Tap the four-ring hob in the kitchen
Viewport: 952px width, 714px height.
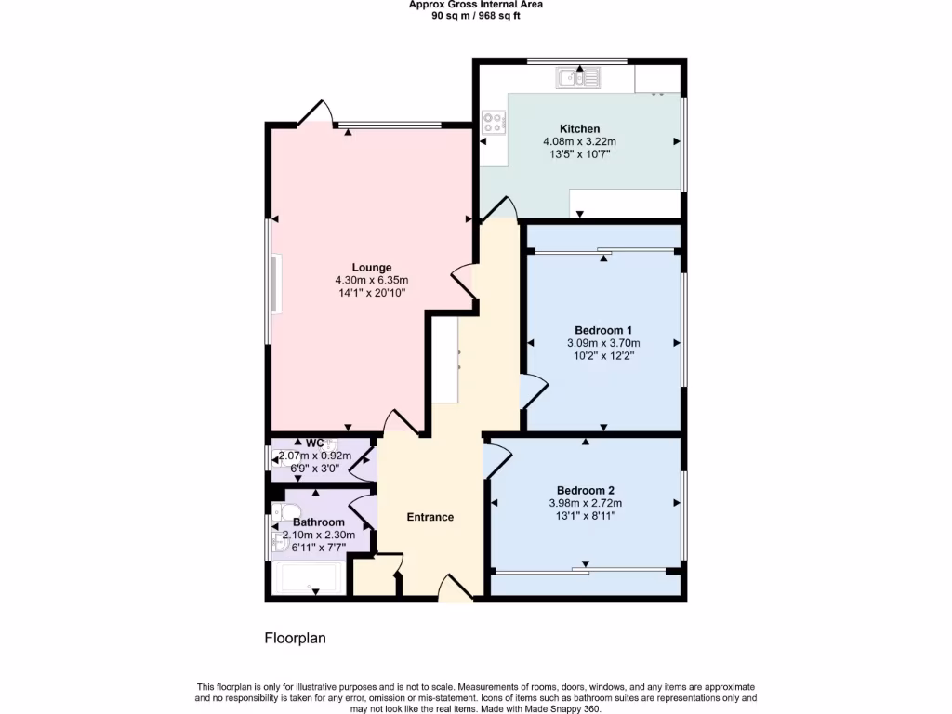[493, 121]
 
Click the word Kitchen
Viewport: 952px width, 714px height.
[579, 128]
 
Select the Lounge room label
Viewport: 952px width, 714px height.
[371, 267]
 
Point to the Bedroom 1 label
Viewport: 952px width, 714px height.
[603, 330]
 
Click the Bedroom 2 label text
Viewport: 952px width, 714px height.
[586, 490]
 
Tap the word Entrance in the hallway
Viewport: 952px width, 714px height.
[430, 517]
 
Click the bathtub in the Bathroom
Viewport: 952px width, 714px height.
[307, 578]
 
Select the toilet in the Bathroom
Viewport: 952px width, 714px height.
[286, 511]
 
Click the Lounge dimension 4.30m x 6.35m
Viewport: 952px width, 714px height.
[371, 280]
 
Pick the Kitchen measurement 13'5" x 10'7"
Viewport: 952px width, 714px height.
[579, 154]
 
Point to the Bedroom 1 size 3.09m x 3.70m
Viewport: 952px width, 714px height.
[603, 343]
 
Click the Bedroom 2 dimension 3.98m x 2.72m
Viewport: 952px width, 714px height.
[586, 503]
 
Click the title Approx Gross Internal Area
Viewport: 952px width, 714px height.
[476, 5]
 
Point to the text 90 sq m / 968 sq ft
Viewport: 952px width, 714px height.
[476, 16]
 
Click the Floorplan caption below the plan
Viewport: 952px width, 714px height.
[295, 639]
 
